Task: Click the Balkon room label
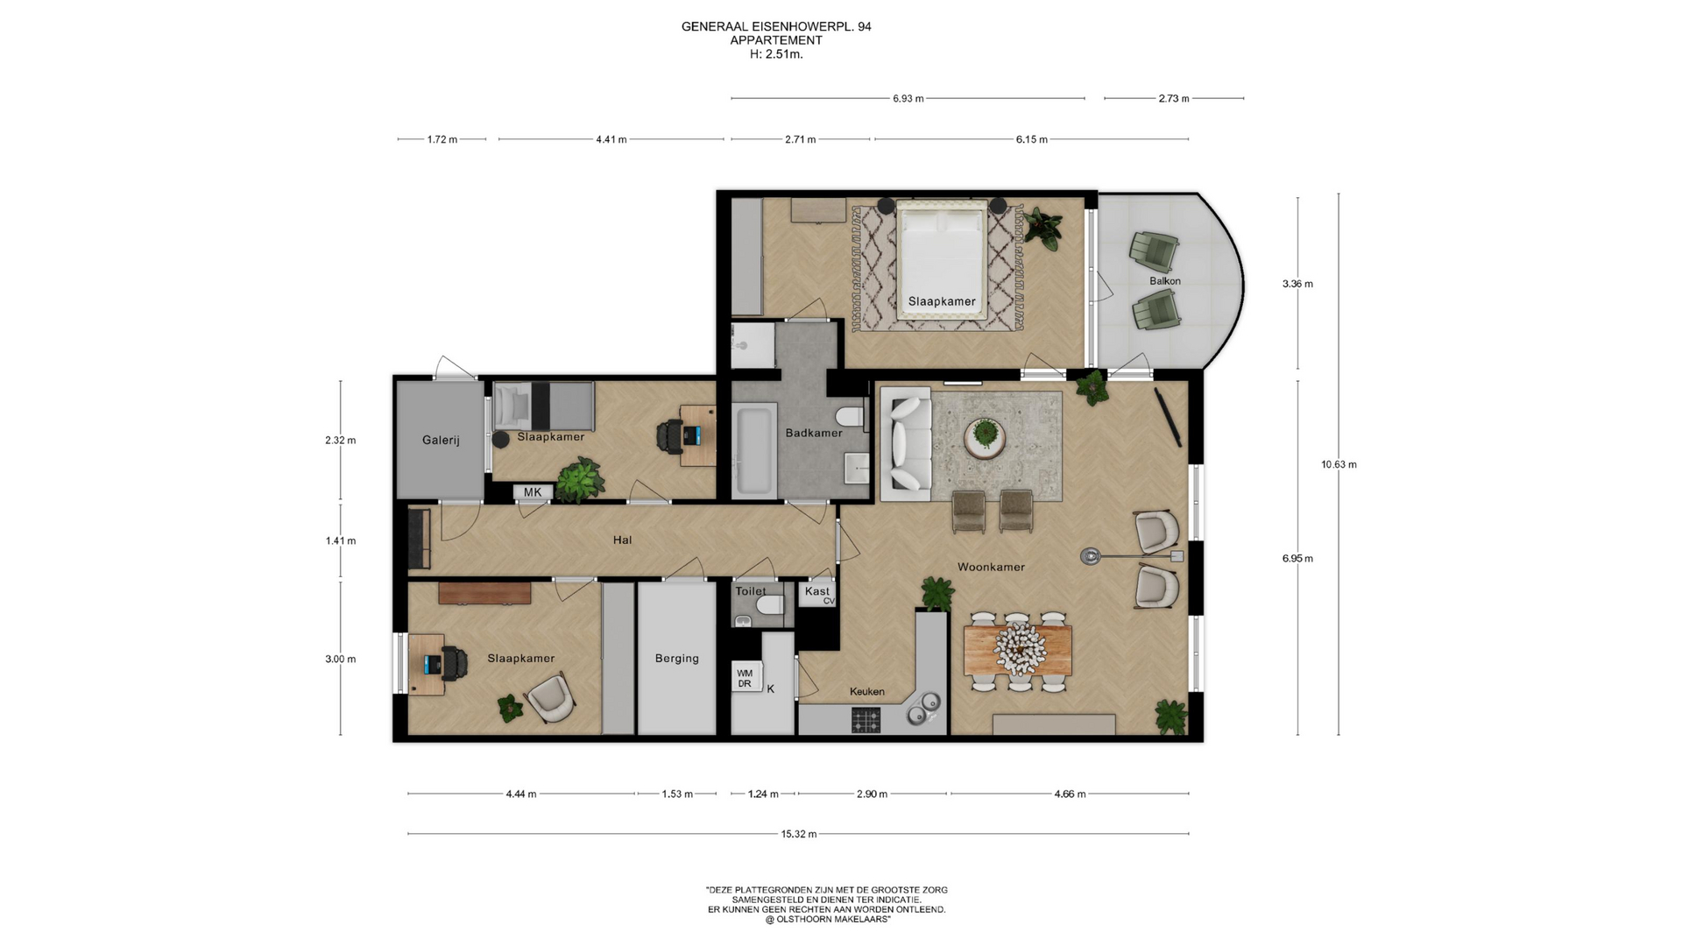point(1165,281)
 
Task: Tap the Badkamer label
point(814,433)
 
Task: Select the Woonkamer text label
point(991,567)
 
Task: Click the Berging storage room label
point(677,658)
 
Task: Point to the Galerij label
point(441,440)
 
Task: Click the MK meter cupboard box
point(533,492)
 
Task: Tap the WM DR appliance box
point(746,678)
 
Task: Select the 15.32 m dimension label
point(799,834)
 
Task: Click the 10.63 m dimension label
point(1339,464)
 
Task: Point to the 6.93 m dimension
point(908,98)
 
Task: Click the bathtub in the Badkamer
point(755,449)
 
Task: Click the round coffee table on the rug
point(986,437)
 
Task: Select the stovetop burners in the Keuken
point(866,721)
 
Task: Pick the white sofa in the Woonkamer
point(906,444)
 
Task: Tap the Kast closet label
point(816,591)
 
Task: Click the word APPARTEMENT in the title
point(776,40)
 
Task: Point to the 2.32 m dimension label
point(340,440)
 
